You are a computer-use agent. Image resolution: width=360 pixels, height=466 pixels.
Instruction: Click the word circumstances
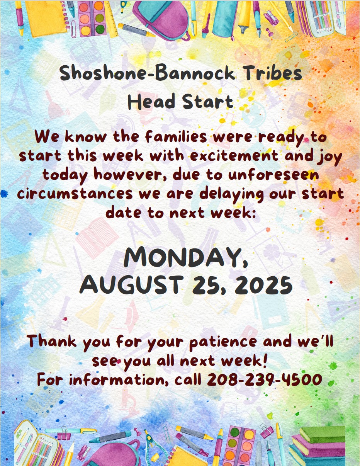click(x=75, y=194)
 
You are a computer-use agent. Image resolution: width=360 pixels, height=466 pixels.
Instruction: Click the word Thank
click(x=51, y=341)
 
